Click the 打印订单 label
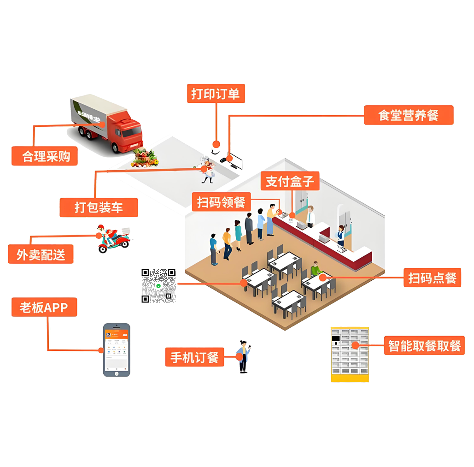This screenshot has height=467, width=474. pos(215,93)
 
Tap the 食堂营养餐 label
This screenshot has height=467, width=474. pos(408,115)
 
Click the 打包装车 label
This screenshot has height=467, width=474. pos(99,207)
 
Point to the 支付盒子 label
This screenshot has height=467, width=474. pos(290,182)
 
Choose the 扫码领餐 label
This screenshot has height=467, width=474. pos(221,202)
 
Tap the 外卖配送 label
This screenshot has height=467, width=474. pos(41,254)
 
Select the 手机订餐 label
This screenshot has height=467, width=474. pos(194,357)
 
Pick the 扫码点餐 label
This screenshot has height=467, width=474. pos(432,278)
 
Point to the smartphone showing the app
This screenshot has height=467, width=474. pos(116,349)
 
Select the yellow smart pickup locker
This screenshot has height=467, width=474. pos(350,354)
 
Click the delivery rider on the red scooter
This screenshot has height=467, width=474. pos(111,239)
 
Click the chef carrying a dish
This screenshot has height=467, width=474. pos(207,169)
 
